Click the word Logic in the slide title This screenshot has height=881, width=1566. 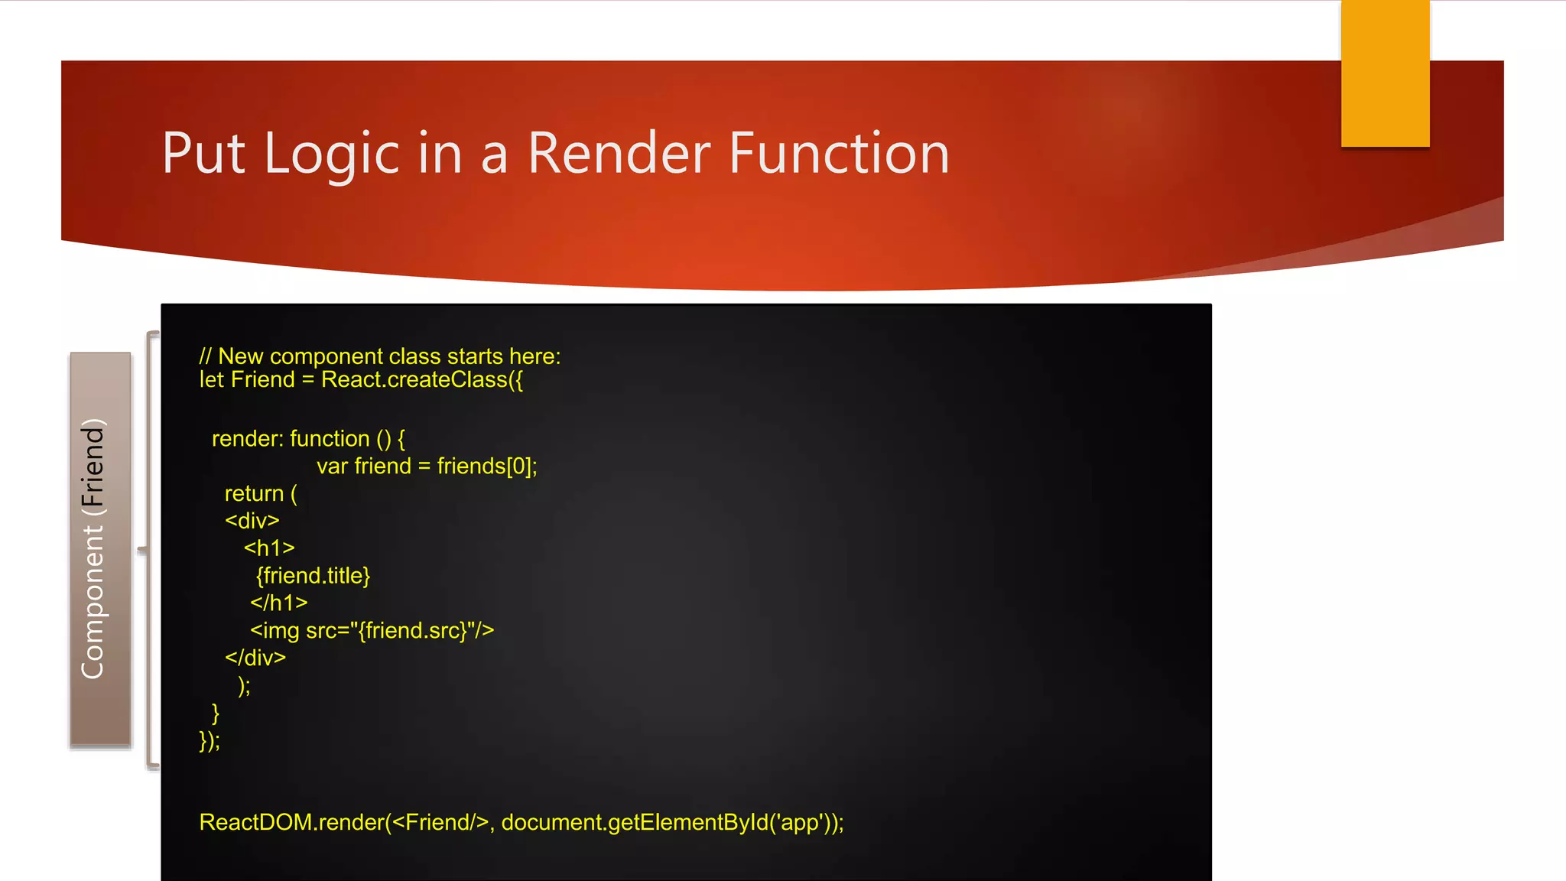tap(332, 154)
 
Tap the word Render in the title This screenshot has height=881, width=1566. tap(619, 154)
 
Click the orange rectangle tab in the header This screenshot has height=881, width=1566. tap(1385, 73)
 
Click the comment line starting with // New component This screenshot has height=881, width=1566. tap(380, 356)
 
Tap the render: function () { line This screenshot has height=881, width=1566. tap(308, 439)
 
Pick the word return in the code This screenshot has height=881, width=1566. tap(254, 494)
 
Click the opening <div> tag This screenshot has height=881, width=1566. tap(252, 522)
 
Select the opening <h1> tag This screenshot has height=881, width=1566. tap(269, 548)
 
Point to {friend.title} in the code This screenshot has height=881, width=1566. tap(313, 576)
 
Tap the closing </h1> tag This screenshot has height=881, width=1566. tap(278, 603)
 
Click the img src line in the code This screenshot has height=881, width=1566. tap(372, 631)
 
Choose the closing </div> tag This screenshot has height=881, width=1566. tap(255, 658)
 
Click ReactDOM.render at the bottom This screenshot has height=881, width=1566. tap(291, 823)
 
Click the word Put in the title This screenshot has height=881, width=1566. tap(203, 154)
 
